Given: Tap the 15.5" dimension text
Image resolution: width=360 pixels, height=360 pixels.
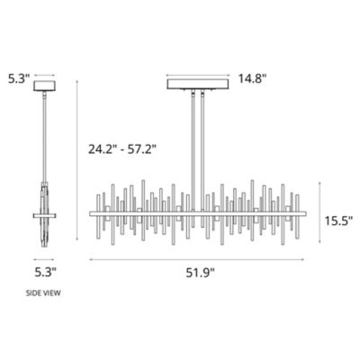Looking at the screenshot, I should coord(338,219).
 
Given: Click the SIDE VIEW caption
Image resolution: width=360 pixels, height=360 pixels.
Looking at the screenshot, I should coord(43,293).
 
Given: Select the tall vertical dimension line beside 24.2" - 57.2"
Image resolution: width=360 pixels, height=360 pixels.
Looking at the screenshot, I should coord(77,162).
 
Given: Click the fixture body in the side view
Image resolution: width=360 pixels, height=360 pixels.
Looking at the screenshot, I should coord(44,216).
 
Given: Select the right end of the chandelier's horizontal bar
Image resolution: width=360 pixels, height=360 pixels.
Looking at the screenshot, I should coord(305,213).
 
